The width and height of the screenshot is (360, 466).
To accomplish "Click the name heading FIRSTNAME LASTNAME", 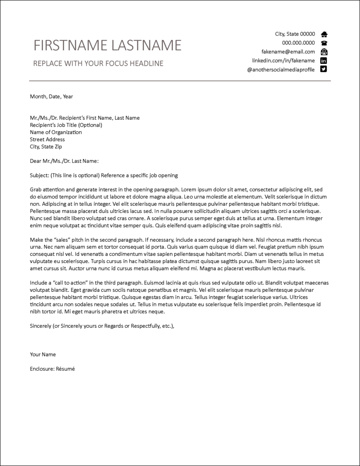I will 108,45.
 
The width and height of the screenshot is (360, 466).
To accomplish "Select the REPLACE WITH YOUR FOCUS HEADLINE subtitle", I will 98,63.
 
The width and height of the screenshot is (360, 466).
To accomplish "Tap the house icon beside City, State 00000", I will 324,34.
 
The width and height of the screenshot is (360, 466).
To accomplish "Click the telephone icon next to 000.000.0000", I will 324,43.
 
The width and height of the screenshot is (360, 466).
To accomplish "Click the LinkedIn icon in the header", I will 324,60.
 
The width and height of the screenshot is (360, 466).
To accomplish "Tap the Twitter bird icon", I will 324,69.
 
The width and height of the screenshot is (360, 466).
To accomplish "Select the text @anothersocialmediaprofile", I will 281,69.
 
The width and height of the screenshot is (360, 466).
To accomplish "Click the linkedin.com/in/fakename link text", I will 283,60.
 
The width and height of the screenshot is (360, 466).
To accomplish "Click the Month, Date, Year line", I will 51,96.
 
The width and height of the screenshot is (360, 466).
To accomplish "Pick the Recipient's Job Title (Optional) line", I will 66,125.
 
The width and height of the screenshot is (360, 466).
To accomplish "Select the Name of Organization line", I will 56,132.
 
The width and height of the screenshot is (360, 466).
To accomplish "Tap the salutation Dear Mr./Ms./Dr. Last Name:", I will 64,161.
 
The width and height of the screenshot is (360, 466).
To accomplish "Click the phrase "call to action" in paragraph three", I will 67,283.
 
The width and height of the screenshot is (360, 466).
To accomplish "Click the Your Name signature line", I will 43,354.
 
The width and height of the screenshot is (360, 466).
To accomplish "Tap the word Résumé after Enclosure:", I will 65,369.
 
